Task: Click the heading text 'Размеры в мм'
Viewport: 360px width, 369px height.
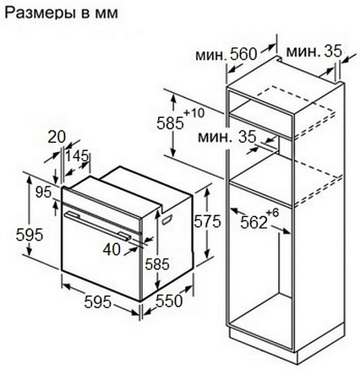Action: tap(61, 13)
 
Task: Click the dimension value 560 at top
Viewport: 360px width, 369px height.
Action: tap(243, 54)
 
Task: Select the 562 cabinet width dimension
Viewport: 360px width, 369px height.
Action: tap(254, 222)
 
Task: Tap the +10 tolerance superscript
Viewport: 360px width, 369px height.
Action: tap(194, 113)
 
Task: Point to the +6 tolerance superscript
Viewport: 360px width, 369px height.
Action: tap(273, 213)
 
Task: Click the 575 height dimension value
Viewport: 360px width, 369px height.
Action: tap(207, 221)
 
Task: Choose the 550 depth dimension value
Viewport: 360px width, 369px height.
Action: tap(169, 301)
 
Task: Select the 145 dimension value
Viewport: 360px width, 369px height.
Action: tap(77, 156)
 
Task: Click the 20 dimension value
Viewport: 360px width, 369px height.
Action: tap(56, 137)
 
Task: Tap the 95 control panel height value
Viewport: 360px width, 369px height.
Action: tap(43, 192)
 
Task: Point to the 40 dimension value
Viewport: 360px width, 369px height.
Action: tap(112, 249)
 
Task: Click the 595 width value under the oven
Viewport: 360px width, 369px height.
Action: tap(98, 302)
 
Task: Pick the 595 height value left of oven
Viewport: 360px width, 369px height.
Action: tap(30, 234)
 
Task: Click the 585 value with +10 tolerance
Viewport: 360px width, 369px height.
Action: tap(170, 123)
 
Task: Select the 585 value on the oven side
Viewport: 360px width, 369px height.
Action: tap(157, 264)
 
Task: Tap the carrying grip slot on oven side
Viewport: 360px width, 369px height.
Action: tap(167, 219)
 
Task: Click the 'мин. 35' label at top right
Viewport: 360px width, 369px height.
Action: tap(314, 51)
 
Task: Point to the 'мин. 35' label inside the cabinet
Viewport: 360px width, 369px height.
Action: tap(227, 137)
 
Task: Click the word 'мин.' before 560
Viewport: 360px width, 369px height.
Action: tap(211, 55)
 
